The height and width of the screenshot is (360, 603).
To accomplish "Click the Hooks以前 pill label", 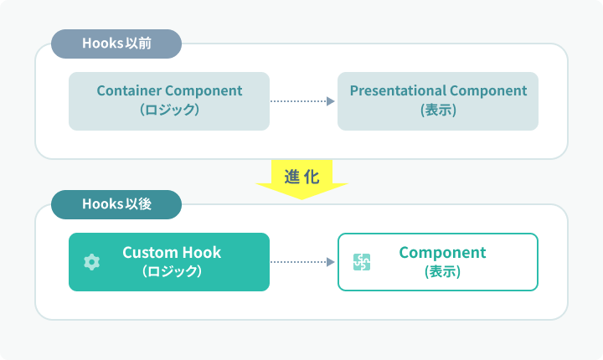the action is (116, 44).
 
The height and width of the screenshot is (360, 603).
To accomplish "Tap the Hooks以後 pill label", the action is (116, 204).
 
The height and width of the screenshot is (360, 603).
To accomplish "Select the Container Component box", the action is (169, 101).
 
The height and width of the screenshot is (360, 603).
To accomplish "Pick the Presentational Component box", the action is (438, 101).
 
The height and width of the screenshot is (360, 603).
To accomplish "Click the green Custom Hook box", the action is (169, 262).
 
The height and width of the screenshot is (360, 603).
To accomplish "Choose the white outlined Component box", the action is (438, 262).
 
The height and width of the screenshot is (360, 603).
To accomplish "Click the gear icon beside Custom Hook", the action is (92, 262).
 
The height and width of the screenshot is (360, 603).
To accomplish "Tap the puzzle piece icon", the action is (362, 262).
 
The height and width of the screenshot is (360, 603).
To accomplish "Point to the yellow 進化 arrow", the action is (301, 179).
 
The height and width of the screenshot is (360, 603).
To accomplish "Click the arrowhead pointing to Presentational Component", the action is (331, 101).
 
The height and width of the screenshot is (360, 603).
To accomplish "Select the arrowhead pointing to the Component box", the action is (331, 262).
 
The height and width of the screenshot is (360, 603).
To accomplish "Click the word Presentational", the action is (398, 90).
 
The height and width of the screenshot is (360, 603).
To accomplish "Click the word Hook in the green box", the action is (202, 252).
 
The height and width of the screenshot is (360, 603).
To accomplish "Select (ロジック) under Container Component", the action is (169, 110).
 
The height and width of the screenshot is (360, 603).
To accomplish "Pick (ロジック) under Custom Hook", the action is (172, 271).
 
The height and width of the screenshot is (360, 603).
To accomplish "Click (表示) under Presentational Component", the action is (438, 110).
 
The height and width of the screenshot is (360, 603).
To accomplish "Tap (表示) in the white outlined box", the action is (443, 271).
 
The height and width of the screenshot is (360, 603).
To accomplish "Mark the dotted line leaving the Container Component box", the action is (298, 101).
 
